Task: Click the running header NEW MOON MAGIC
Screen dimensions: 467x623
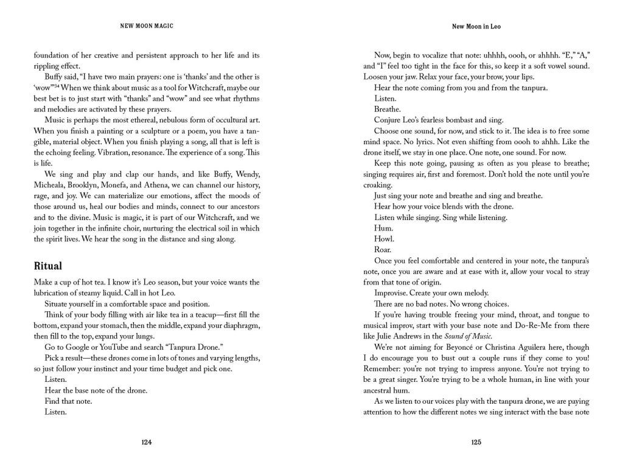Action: [x=147, y=27]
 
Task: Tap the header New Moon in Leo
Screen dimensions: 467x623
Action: [x=476, y=27]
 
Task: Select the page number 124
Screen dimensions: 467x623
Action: [x=147, y=442]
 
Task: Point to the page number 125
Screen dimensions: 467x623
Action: [x=476, y=442]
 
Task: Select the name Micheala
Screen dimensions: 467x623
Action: [x=52, y=184]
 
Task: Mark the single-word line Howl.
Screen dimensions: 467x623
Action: [x=384, y=238]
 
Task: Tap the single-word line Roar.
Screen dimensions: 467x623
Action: [x=383, y=249]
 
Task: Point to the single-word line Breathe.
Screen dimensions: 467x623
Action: [x=388, y=109]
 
